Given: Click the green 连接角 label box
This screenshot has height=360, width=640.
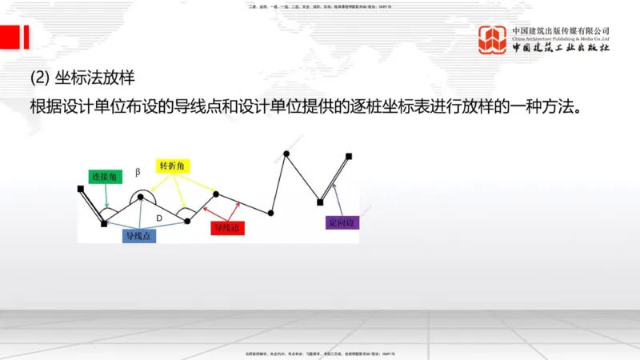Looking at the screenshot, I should pos(105,176).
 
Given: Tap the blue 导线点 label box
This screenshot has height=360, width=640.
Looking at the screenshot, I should pos(139,236).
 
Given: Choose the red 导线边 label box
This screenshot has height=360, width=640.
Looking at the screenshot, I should pos(227,229).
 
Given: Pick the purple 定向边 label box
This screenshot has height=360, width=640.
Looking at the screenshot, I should pos(343,222).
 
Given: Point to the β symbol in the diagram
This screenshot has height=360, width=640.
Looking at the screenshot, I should pos(138,171).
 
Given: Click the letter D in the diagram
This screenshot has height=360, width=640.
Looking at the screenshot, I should pos(159,218).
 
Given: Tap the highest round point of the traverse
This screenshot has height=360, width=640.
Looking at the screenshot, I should pos(285,153).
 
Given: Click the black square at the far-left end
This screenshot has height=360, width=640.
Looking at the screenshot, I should pos(80,189).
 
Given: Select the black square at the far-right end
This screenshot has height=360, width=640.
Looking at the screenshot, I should pos(348,156).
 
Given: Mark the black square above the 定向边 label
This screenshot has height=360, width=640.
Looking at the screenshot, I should pos(320,202).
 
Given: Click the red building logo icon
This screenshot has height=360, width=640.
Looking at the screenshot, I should pos(493,40).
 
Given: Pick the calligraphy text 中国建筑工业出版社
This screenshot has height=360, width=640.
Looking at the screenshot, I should pos(561,49).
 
